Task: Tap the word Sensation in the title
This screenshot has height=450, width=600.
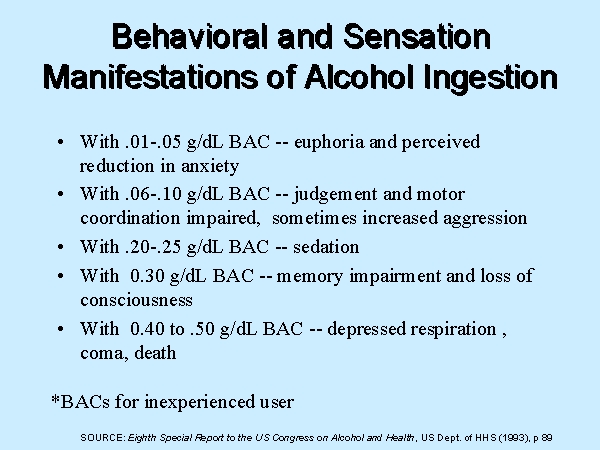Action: pos(417,37)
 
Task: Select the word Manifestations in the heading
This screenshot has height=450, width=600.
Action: pos(150,77)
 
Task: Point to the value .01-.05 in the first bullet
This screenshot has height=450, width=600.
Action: pos(153,142)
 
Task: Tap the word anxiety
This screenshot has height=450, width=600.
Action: pos(210,167)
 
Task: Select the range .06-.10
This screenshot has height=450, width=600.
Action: pos(153,194)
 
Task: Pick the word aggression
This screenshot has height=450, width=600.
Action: pos(485,219)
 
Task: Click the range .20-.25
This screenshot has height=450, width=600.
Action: pos(153,247)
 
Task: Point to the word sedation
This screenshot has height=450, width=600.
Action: pos(326,247)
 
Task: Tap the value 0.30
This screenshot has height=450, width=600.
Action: pos(147,276)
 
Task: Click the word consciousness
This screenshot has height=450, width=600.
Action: pos(137,300)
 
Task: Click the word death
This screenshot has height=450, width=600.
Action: pos(155,352)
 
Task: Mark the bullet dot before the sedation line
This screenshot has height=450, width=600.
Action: pos(60,247)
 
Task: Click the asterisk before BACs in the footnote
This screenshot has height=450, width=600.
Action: pos(55,399)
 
